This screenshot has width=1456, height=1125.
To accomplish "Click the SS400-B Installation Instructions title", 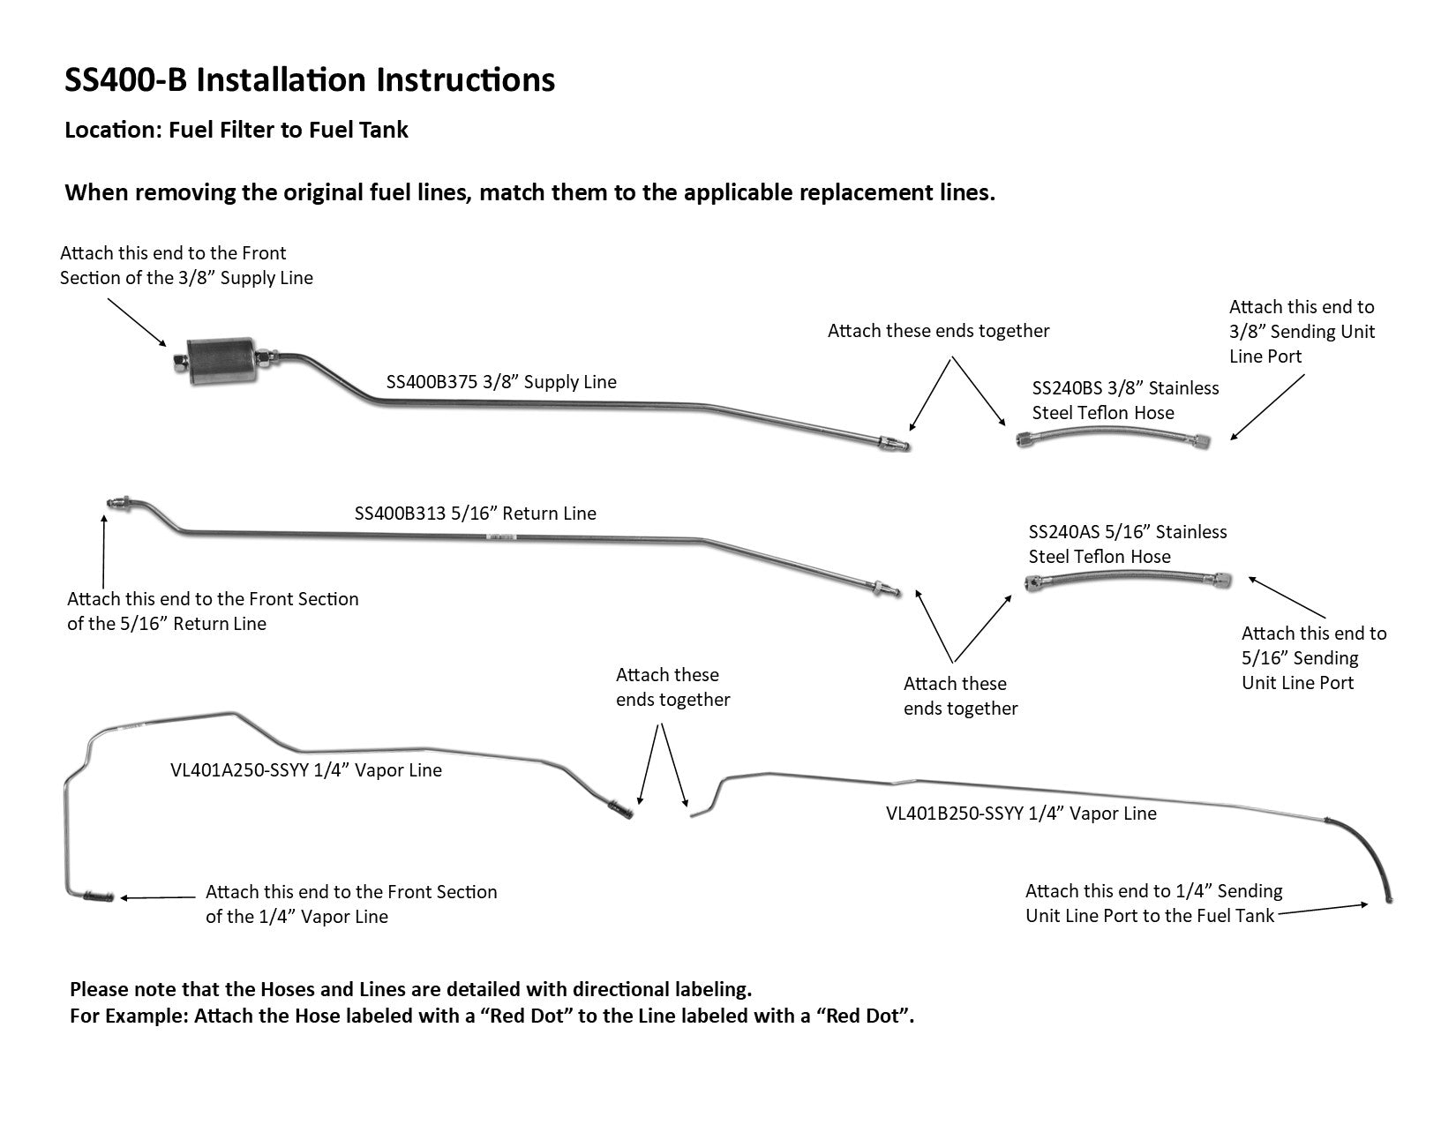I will [x=310, y=80].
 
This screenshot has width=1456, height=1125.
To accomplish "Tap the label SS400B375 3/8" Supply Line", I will [x=501, y=382].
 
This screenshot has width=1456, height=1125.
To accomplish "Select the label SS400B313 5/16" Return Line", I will [x=475, y=514].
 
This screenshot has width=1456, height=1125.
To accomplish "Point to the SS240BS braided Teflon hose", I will [x=1113, y=435].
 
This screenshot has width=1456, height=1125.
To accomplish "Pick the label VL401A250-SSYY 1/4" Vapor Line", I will [x=305, y=770].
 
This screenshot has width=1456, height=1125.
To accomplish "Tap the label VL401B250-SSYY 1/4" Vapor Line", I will [x=1021, y=814].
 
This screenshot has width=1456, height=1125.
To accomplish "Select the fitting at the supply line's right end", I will [x=894, y=442].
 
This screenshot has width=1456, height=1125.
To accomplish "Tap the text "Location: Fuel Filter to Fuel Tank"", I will [x=236, y=130].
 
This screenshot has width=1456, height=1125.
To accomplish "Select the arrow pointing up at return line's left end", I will [x=104, y=551].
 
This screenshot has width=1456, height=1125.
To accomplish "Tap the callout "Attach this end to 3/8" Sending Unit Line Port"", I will [x=1302, y=332].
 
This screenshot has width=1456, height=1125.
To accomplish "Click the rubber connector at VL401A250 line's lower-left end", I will [x=97, y=897].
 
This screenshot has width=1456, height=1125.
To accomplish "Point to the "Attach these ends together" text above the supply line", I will [x=938, y=331].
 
